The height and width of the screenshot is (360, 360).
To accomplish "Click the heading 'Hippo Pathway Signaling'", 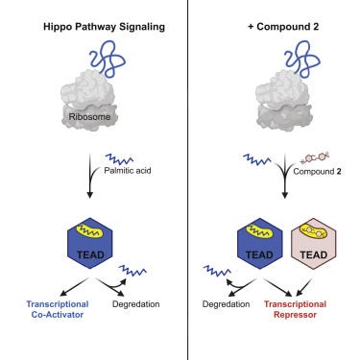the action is pyautogui.click(x=104, y=27).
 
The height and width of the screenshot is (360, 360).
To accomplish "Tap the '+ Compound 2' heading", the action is pyautogui.click(x=283, y=27).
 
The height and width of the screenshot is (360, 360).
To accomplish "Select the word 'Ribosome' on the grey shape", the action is pyautogui.click(x=89, y=117).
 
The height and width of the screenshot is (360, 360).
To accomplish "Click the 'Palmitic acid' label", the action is pyautogui.click(x=128, y=170).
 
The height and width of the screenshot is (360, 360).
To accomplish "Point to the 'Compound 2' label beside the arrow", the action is pyautogui.click(x=317, y=172).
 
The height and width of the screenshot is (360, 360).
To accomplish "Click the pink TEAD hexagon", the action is pyautogui.click(x=314, y=244).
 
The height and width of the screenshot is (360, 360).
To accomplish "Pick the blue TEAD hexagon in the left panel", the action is pyautogui.click(x=90, y=244).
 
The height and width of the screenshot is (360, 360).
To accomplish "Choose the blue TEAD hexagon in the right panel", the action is pyautogui.click(x=260, y=244).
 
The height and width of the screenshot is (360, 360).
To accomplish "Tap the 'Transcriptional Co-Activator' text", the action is pyautogui.click(x=58, y=309).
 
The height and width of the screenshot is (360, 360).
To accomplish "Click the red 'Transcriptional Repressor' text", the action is pyautogui.click(x=295, y=309).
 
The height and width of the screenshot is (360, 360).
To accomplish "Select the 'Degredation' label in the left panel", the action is pyautogui.click(x=136, y=304).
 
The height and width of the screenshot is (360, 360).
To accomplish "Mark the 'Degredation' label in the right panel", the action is pyautogui.click(x=226, y=304).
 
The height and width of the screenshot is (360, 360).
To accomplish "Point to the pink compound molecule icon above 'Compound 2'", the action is pyautogui.click(x=315, y=157).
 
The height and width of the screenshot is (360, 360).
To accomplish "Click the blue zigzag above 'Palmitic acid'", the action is pyautogui.click(x=119, y=158).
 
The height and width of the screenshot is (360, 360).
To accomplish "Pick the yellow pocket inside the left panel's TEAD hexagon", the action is pyautogui.click(x=90, y=231).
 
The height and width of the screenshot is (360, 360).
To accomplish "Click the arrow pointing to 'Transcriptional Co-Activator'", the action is pyautogui.click(x=74, y=287).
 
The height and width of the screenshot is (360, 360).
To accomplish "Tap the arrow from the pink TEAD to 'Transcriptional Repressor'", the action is pyautogui.click(x=304, y=287).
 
